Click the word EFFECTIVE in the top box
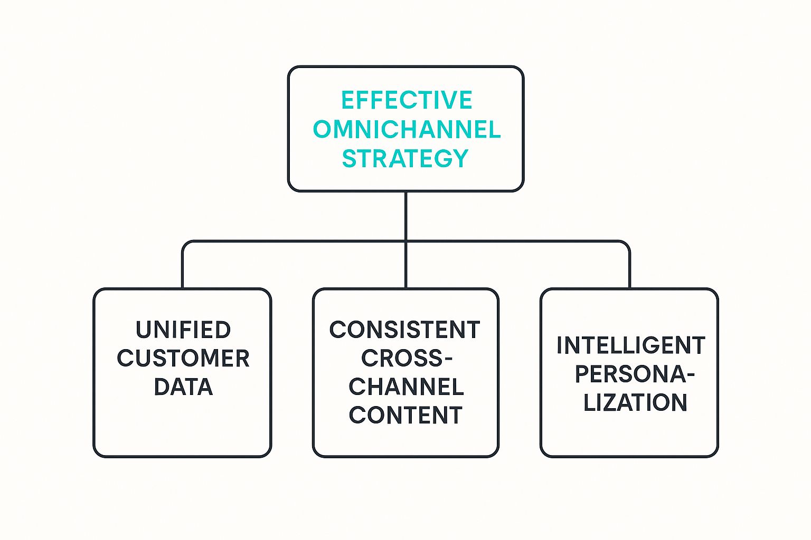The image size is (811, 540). (x=406, y=100)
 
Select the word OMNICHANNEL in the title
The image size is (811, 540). (x=406, y=129)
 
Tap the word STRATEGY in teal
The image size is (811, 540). (x=405, y=158)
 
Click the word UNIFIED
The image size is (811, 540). (x=183, y=330)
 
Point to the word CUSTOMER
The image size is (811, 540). (x=183, y=359)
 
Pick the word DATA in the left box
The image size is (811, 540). (x=183, y=387)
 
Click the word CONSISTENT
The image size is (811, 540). (x=404, y=330)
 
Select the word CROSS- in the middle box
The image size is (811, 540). (x=406, y=359)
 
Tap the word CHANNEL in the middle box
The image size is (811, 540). (x=405, y=387)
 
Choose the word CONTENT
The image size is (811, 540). (x=405, y=416)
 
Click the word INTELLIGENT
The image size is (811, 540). (x=630, y=346)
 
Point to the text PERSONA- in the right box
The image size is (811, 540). (x=634, y=374)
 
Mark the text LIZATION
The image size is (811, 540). (x=635, y=403)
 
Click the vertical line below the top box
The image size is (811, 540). (x=405, y=216)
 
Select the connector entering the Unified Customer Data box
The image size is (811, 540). (x=183, y=269)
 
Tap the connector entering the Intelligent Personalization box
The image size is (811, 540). (x=629, y=269)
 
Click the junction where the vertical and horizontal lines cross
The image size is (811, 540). (x=405, y=242)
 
